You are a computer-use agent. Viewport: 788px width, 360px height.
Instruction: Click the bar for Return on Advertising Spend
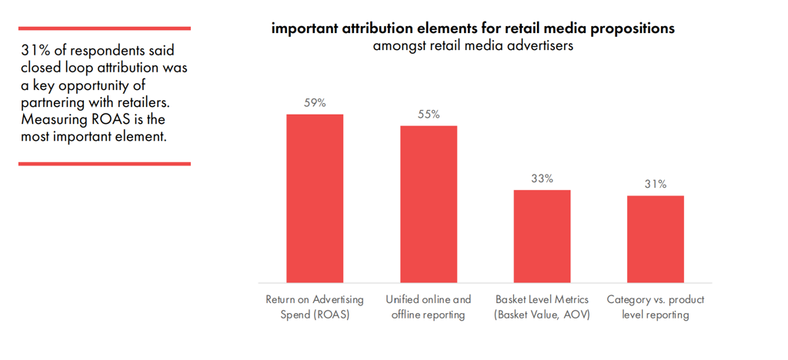point(315,198)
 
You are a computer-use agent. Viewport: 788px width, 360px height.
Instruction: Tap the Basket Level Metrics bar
point(542,235)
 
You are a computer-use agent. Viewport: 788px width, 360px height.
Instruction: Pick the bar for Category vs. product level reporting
point(656,238)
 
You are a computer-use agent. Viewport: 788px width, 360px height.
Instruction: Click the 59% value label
point(315,103)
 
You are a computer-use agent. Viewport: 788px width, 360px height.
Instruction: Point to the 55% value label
point(429,114)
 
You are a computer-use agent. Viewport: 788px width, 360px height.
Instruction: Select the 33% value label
point(542,178)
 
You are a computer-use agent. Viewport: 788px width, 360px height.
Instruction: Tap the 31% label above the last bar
point(656,184)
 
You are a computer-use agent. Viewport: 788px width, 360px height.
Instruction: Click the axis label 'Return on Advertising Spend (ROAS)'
point(315,307)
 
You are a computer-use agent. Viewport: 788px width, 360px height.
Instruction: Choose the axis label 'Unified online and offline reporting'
point(429,307)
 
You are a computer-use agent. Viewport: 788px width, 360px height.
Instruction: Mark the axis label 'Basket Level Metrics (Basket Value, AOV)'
point(542,307)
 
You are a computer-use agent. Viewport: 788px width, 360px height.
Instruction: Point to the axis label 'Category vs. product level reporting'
point(656,307)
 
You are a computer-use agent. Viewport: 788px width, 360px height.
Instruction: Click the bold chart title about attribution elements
point(473,28)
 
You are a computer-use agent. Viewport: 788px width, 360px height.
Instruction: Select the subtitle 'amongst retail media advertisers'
point(473,45)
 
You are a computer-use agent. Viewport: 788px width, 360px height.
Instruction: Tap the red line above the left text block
point(104,28)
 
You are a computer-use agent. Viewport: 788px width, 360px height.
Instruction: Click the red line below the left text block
point(104,163)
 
